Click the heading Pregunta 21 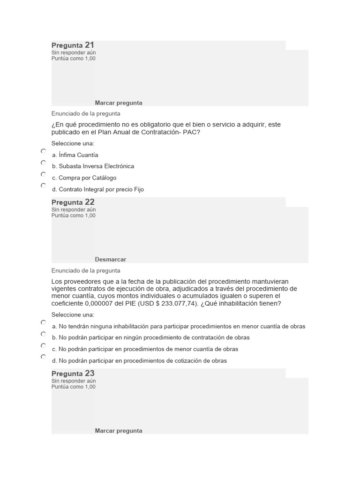click(73, 45)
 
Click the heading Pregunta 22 click(73, 202)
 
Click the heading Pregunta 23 click(73, 374)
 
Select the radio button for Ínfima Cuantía click(43, 151)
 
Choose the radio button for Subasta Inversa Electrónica click(43, 163)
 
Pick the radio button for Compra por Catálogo click(43, 174)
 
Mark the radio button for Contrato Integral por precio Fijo click(43, 186)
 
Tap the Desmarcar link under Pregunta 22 click(110, 259)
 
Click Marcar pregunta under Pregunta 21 click(119, 103)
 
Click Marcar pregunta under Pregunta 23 click(119, 431)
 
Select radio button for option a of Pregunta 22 click(43, 322)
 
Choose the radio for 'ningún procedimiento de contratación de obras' click(43, 334)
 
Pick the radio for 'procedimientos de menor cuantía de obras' click(43, 345)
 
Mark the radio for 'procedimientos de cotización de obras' click(43, 357)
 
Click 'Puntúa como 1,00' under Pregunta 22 click(73, 216)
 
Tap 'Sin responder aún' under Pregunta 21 click(74, 52)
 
